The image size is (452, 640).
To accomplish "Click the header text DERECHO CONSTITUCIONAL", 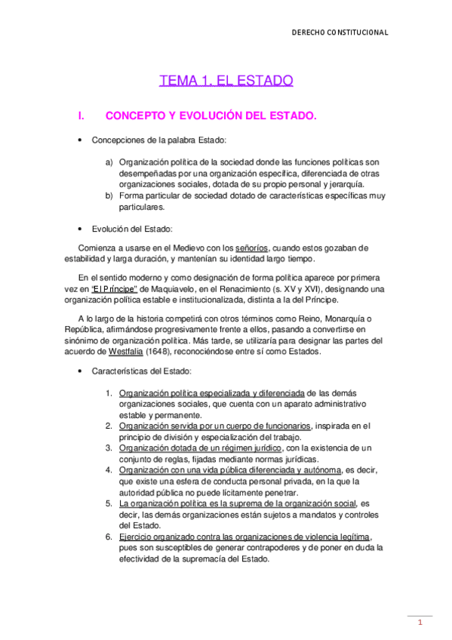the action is [340, 32].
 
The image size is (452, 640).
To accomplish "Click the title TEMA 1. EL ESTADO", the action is [226, 81].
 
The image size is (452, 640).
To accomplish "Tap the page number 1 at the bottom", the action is [420, 623].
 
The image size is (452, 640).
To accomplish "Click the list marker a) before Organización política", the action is [109, 162].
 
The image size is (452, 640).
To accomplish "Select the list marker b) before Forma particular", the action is [109, 195].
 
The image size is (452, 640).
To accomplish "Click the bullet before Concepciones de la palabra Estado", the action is [79, 140].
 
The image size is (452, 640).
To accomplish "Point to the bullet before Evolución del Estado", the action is [79, 229].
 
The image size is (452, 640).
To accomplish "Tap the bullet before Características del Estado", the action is [79, 371].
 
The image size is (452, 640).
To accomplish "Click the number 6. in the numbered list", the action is [110, 537].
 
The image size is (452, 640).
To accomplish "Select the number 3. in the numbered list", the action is [110, 448].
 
